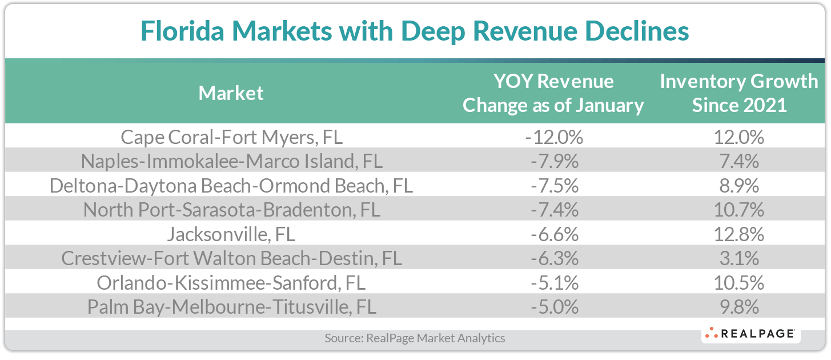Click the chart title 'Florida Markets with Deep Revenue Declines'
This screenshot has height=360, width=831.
tap(415, 31)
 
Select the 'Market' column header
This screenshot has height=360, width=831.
tap(231, 93)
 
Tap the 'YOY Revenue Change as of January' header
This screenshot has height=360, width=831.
tap(553, 93)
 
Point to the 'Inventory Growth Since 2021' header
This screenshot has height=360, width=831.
tap(738, 93)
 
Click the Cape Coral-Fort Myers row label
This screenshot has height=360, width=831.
tap(231, 137)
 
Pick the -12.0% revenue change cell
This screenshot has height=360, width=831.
tap(553, 137)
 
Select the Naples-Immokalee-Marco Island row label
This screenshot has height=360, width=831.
tap(231, 162)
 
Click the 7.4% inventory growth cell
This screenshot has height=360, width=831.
tap(738, 162)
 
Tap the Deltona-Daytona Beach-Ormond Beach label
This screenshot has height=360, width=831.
tap(231, 186)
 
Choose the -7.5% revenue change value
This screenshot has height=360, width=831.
tap(553, 186)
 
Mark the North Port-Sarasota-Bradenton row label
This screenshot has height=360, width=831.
tap(231, 210)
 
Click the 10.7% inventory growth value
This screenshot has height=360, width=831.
tap(738, 210)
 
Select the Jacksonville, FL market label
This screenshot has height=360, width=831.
tap(231, 234)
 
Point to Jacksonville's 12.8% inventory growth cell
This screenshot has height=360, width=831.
tap(738, 234)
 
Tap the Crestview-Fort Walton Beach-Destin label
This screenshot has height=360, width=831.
tap(231, 259)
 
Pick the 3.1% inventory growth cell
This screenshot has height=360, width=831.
tap(738, 259)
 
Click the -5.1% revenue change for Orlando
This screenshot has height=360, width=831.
tap(553, 283)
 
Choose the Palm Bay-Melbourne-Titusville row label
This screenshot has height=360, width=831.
tap(231, 307)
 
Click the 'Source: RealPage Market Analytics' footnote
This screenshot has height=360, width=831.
tap(415, 338)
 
